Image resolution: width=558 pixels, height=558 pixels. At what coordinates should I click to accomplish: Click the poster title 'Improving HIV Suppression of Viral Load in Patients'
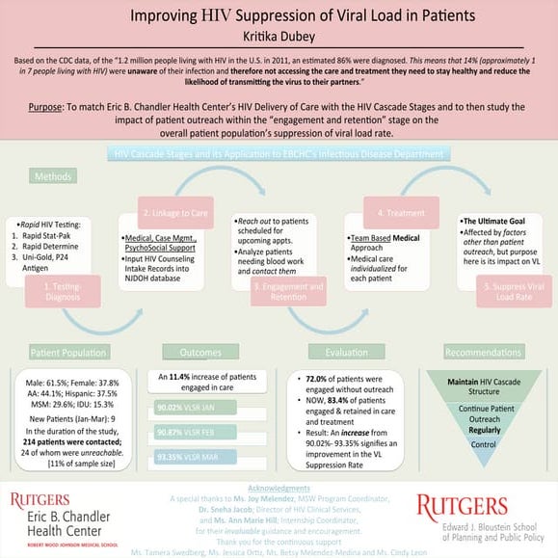(278, 16)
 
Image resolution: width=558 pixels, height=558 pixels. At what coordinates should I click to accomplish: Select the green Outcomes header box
(200, 353)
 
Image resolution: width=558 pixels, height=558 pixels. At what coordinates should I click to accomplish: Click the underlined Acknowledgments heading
(279, 489)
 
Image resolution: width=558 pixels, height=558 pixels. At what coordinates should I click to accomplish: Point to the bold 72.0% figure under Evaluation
(316, 383)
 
